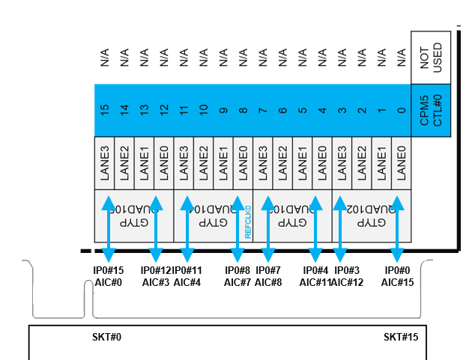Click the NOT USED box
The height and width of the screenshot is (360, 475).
pos(432,57)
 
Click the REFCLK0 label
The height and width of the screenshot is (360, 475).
pos(249,220)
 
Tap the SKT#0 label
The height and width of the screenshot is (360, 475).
pos(106,338)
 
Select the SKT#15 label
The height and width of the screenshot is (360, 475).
pos(401,338)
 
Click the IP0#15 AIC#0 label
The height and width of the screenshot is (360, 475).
pos(109,276)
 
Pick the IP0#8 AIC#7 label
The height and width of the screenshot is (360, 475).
pos(239,276)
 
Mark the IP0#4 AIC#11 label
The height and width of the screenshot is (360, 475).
pos(315,276)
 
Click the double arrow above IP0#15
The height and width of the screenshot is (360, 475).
pos(109,228)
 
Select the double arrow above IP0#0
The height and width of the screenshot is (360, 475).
pos(398,228)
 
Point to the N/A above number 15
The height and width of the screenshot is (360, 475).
pos(105,57)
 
